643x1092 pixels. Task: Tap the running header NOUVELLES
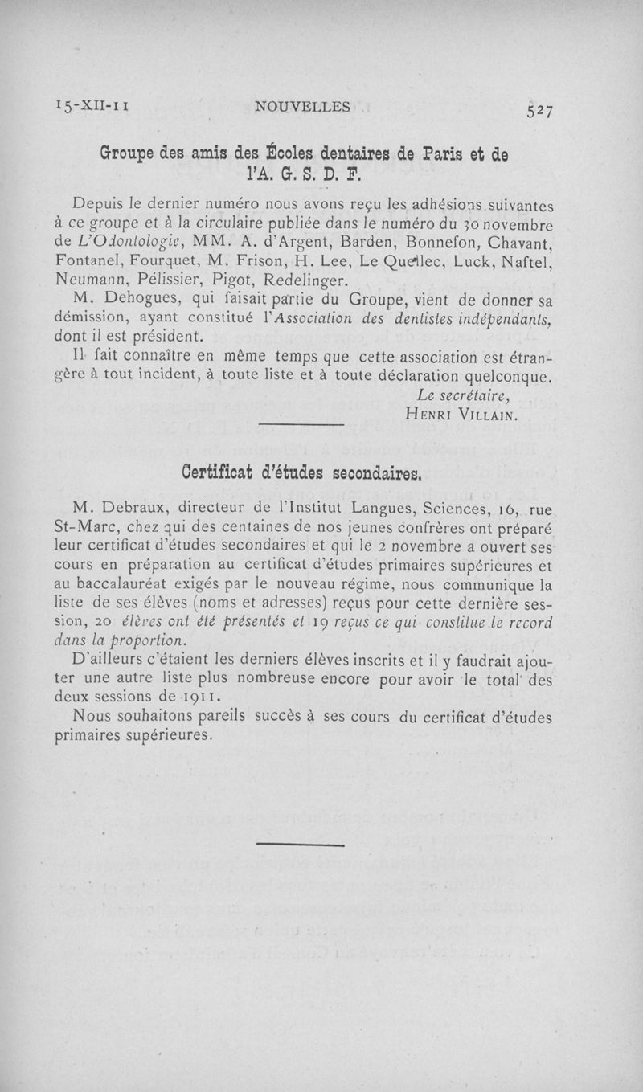pos(301,106)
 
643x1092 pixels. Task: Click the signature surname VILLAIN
pos(484,416)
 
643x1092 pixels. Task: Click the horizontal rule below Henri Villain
pos(303,425)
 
